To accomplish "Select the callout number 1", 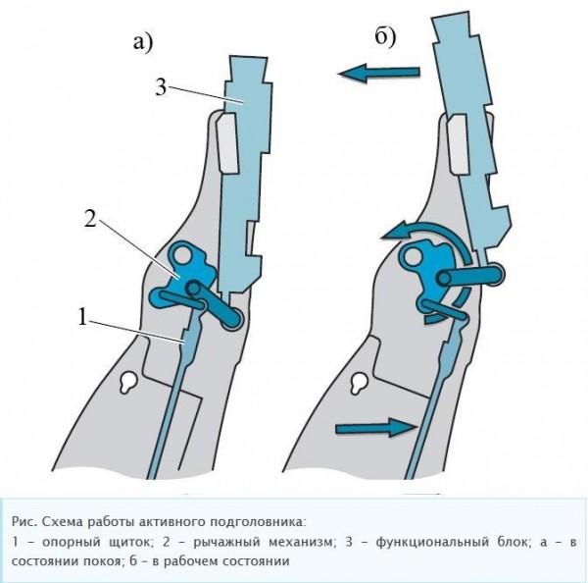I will coord(85,317).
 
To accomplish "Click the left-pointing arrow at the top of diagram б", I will coord(376,71).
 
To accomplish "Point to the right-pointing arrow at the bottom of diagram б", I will coord(376,426).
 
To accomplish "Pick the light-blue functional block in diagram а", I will coord(239,177).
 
